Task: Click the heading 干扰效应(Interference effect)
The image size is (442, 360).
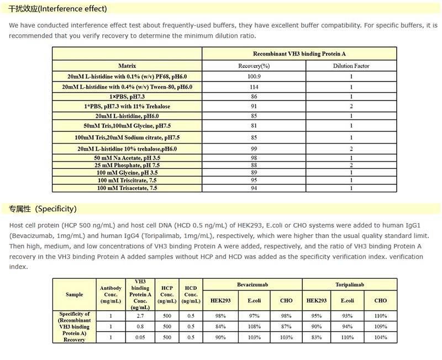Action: (58, 9)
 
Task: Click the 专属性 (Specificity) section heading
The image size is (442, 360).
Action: (43, 209)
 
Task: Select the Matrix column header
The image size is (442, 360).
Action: (127, 66)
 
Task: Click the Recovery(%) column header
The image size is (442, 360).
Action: (254, 66)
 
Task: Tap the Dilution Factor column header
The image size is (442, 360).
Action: (351, 66)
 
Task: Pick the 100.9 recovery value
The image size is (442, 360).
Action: (254, 76)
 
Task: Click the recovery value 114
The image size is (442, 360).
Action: (254, 87)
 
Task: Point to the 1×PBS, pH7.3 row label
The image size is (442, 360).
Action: (127, 97)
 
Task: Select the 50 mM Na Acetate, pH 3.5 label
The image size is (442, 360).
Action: (127, 158)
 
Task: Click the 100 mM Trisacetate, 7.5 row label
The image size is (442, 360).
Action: (127, 188)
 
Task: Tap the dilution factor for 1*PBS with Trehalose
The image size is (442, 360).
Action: (351, 106)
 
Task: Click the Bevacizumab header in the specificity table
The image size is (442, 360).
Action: (252, 284)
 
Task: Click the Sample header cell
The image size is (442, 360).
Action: (74, 295)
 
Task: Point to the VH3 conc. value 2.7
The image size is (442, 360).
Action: (140, 316)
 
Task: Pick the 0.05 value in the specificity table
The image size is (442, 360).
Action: (140, 337)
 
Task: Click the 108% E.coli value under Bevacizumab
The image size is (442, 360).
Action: (254, 326)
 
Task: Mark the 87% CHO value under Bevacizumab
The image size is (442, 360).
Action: (287, 326)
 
